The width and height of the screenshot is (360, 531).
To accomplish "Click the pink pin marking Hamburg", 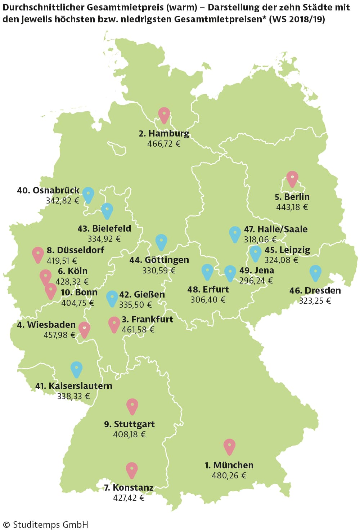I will [164, 114].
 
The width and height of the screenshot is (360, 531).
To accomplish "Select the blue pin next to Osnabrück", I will [88, 194].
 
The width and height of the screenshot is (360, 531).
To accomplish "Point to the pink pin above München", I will [229, 446].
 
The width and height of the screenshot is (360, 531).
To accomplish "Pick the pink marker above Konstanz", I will [132, 469].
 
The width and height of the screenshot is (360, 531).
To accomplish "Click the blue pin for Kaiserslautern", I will [76, 369].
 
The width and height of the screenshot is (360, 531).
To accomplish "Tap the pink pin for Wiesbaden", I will [84, 329].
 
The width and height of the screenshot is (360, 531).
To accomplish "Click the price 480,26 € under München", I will [229, 476].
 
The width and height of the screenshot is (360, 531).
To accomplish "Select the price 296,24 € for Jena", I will [256, 281].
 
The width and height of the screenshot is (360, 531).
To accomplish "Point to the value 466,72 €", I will [164, 144].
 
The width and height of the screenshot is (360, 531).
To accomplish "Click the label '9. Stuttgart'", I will [129, 424].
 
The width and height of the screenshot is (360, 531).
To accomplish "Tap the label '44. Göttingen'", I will [159, 260].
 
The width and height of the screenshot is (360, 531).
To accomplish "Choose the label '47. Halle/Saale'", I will [276, 229].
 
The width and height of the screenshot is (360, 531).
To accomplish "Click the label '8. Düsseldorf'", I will [75, 250].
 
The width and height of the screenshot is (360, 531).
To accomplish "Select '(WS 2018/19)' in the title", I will [297, 19].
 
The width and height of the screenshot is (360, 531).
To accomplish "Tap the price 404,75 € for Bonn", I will [77, 303].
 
